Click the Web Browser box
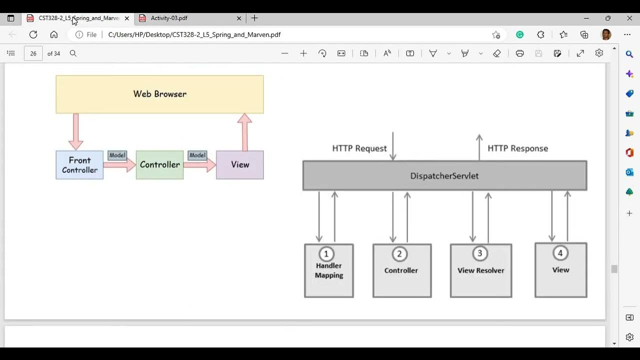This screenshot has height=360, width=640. coord(159,94)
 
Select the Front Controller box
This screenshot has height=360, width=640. coord(79,165)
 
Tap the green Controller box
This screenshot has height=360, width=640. coord(159,164)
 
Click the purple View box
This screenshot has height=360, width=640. coord(239,164)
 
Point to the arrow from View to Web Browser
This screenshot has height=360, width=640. coord(244,132)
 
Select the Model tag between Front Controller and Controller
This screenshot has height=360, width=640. coord(117,155)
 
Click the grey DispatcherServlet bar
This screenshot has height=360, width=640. coord(444,175)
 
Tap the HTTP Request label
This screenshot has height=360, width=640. coord(359,148)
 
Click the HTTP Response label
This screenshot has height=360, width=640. coord(517,148)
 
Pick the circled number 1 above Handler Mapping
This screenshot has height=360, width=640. coord(326,254)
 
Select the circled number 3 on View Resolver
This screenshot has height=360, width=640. coord(479,253)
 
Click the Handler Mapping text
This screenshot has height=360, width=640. coord(328,270)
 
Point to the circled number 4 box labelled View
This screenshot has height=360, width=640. coord(560,270)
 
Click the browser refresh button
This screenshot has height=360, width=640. coord(33,34)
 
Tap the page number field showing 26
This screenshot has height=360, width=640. coord(33,53)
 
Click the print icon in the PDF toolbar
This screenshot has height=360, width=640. coord(519,53)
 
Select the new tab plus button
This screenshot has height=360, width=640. coord(254,18)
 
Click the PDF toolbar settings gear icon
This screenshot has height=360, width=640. coord(599,53)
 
